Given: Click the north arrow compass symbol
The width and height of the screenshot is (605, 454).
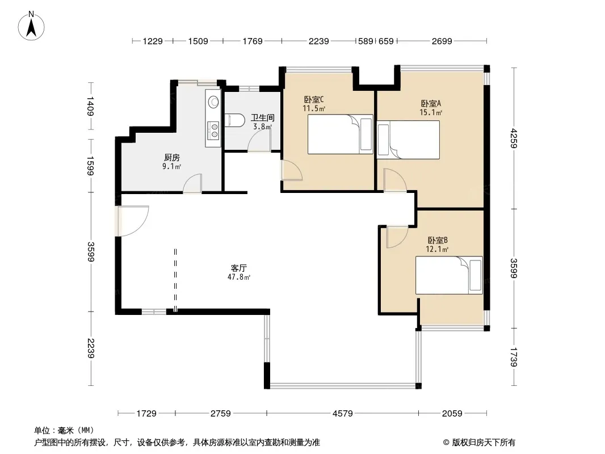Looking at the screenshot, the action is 31,26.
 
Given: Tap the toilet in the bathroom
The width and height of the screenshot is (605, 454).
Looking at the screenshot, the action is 234,120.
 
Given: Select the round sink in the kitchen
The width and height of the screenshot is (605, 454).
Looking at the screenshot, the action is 213,102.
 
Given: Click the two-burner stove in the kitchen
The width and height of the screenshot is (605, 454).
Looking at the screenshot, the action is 213,130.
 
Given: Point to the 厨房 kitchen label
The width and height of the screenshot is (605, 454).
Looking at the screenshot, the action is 172,157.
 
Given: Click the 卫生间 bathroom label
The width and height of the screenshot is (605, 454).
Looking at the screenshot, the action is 262,117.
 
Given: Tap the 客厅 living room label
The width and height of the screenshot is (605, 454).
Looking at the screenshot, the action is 239,268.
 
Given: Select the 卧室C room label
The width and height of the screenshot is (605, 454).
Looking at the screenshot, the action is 314,99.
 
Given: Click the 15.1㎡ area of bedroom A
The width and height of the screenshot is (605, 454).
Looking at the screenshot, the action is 431,112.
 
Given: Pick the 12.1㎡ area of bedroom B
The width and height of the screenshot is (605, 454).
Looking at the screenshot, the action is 437,249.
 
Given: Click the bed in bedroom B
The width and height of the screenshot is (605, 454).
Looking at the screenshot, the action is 449,275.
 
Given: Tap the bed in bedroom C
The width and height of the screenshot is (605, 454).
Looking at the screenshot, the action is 341,134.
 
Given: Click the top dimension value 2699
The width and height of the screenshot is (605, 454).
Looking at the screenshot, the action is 442,41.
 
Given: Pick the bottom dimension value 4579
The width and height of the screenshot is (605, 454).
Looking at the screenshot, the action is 343,414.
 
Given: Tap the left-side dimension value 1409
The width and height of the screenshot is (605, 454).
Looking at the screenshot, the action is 90,106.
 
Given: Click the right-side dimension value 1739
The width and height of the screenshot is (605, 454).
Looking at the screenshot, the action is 514,357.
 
